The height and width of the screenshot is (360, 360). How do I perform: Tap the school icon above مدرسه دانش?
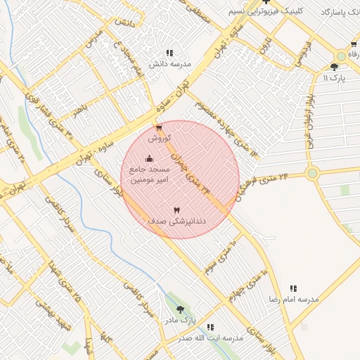169,53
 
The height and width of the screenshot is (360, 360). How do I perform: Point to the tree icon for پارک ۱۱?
333,67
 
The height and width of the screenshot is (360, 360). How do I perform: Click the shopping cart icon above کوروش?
160,128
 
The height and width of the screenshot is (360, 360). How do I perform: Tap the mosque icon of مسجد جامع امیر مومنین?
149,159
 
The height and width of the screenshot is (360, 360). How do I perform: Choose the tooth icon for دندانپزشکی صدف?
176,210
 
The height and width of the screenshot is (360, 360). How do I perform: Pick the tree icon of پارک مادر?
181,309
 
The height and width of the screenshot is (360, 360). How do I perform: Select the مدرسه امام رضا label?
293,299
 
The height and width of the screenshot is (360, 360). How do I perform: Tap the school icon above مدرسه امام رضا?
293,288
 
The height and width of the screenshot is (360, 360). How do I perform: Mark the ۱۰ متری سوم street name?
222,255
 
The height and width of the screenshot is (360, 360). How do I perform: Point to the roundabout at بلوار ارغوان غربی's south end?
312,173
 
